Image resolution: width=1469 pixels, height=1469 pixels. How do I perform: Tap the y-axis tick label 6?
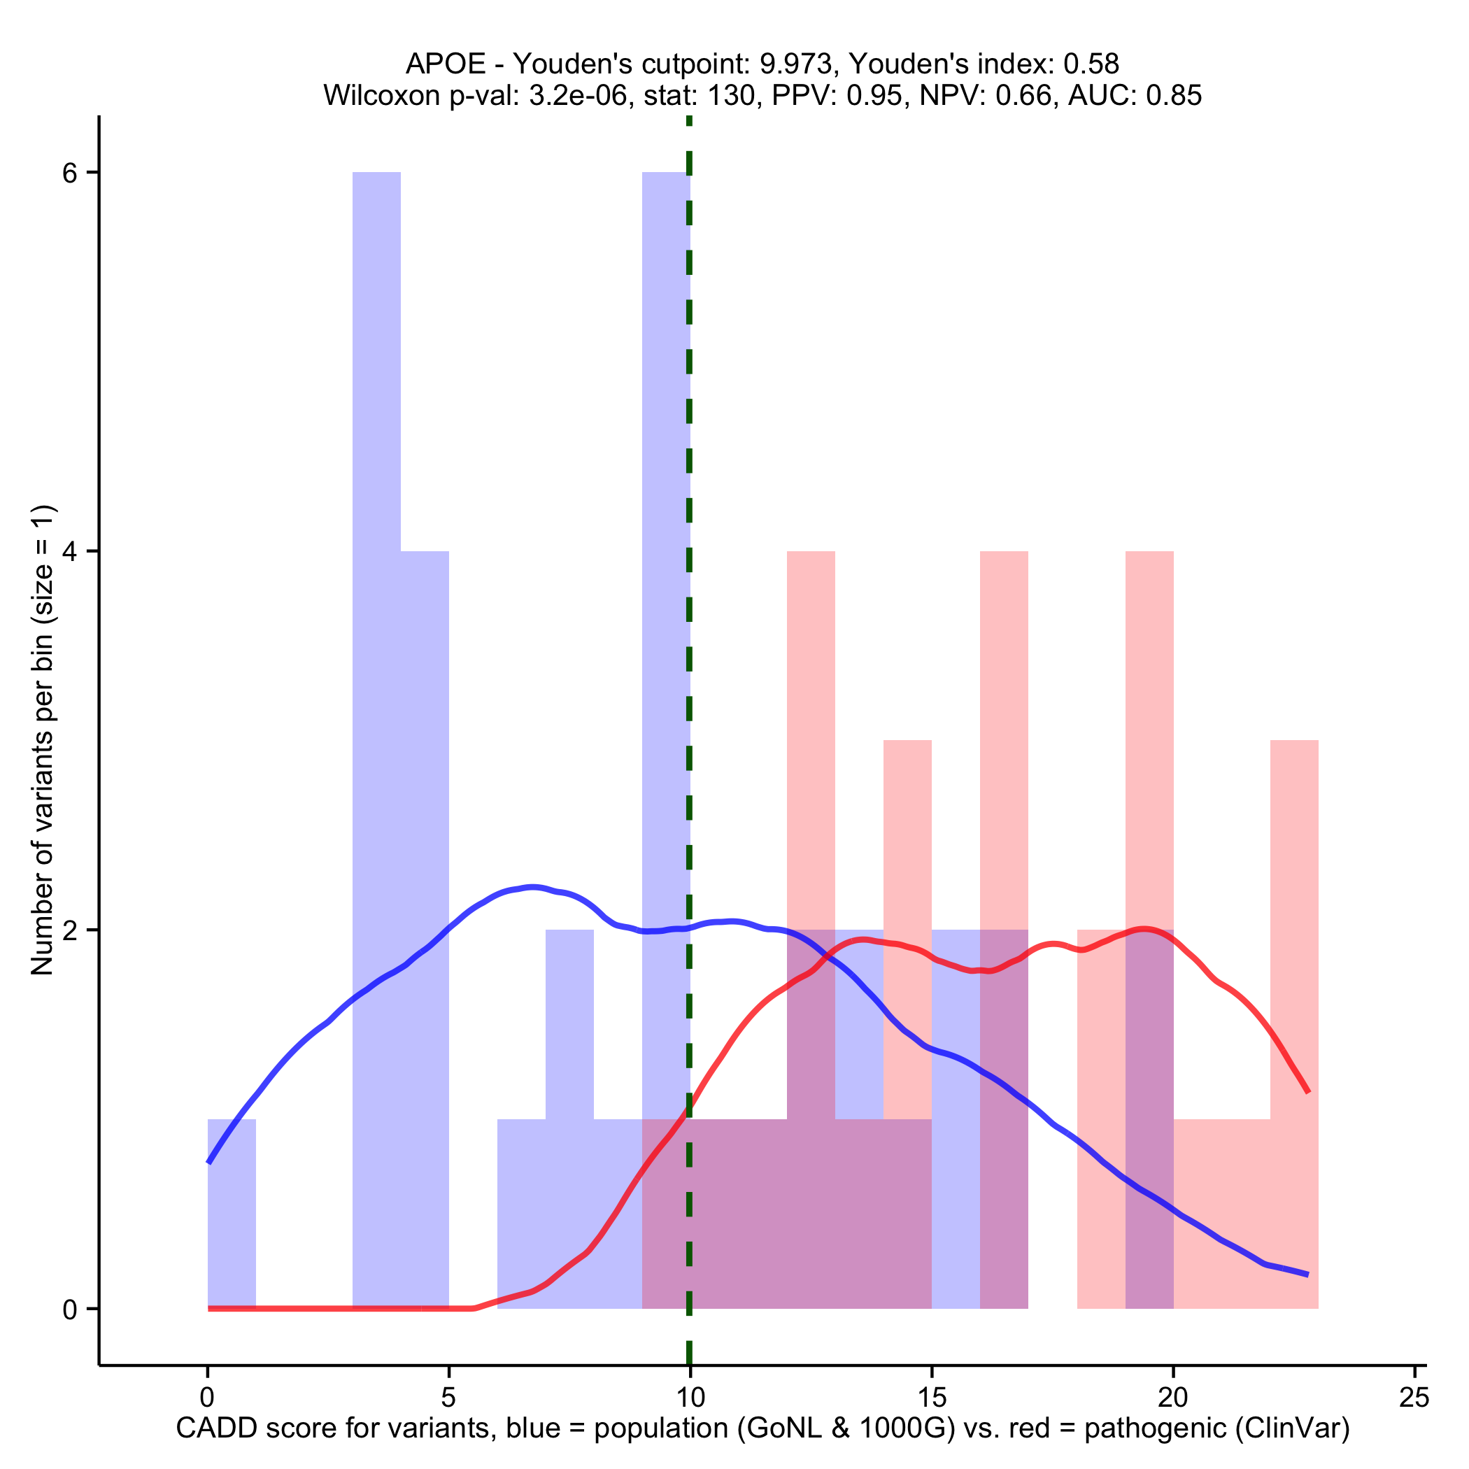click(70, 173)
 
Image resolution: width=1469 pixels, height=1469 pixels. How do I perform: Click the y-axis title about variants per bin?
click(43, 739)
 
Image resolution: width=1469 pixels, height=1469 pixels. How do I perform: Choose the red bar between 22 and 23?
click(1294, 988)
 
